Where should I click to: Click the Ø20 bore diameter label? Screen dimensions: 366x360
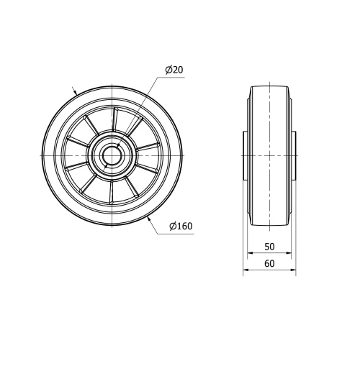click(175, 70)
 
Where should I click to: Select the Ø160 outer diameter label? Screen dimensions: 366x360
click(181, 227)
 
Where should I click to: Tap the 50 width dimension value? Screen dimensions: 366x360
click(269, 246)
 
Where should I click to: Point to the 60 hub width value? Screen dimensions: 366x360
click(269, 263)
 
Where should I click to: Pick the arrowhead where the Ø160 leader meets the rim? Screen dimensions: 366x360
click(149, 220)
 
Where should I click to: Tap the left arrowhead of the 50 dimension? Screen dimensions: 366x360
click(251, 253)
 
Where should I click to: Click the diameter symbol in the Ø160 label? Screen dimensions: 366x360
click(173, 227)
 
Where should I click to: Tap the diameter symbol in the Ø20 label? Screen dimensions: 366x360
click(168, 70)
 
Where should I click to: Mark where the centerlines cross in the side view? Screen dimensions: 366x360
click(269, 155)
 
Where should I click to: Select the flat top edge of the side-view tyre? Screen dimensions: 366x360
click(269, 86)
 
